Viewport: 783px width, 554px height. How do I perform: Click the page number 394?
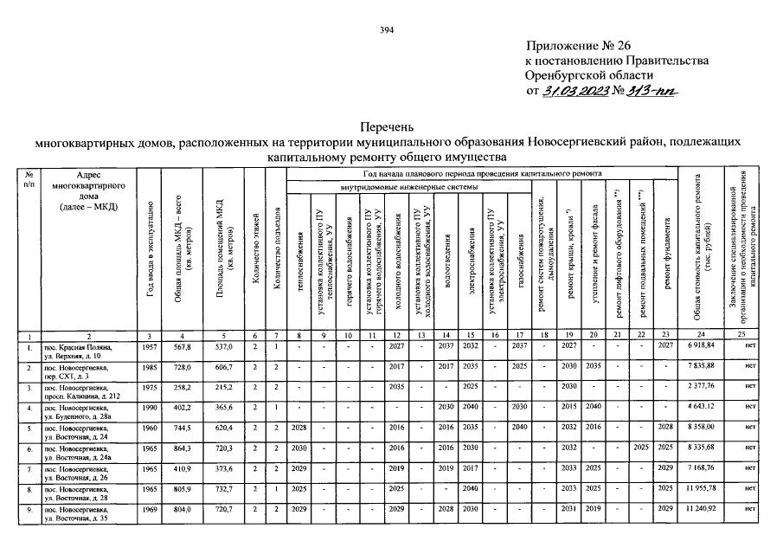(387, 30)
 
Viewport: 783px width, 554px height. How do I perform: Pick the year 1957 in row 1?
(150, 346)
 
